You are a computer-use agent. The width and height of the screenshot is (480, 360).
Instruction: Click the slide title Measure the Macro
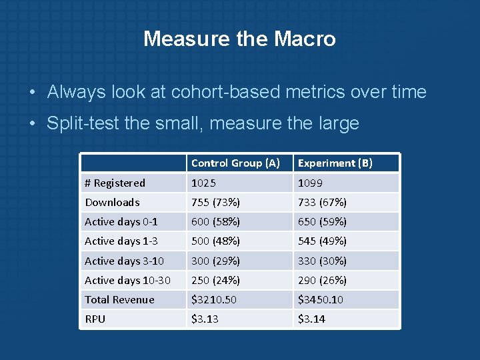[x=239, y=39]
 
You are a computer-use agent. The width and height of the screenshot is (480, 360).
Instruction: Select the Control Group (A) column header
[x=235, y=163]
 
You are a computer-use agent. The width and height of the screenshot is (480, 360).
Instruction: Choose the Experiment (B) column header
[x=335, y=163]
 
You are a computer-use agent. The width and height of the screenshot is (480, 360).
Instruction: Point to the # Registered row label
[x=115, y=183]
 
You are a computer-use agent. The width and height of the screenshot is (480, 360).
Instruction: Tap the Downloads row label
[x=112, y=203]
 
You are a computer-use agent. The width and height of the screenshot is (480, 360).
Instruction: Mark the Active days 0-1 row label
[x=121, y=222]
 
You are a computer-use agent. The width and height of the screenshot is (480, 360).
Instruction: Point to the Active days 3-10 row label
[x=124, y=261]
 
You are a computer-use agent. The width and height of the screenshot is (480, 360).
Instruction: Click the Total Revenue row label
[x=119, y=300]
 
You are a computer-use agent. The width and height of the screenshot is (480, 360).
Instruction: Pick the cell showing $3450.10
[x=321, y=300]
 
